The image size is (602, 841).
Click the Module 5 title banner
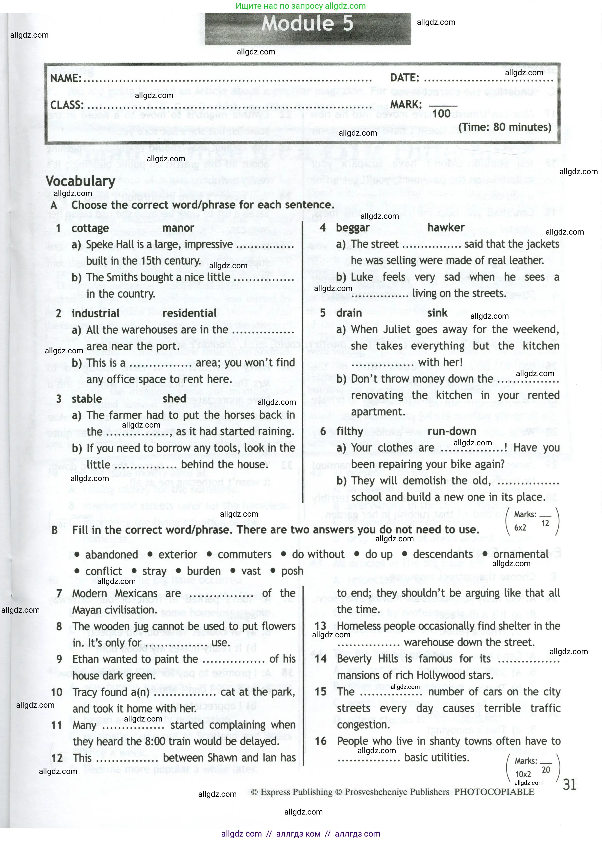pyautogui.click(x=307, y=24)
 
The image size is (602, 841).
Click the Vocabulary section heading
pyautogui.click(x=80, y=181)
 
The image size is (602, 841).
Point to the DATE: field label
pyautogui.click(x=404, y=78)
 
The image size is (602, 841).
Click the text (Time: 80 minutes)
pyautogui.click(x=505, y=127)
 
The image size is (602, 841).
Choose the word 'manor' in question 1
pyautogui.click(x=178, y=228)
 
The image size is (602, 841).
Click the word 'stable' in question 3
pyautogui.click(x=87, y=399)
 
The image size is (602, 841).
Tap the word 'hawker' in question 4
pyautogui.click(x=446, y=228)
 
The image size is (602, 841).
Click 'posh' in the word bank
pyautogui.click(x=292, y=571)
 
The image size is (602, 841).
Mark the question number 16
pyautogui.click(x=321, y=741)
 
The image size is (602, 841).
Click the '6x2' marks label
pyautogui.click(x=520, y=528)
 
